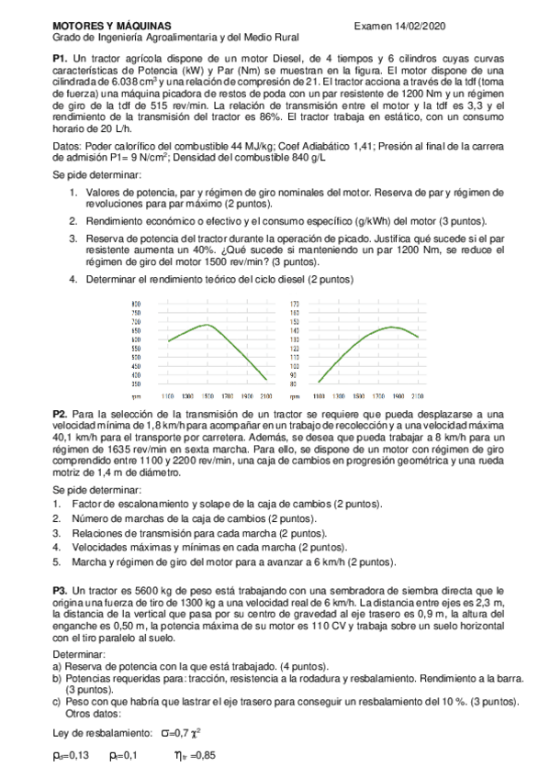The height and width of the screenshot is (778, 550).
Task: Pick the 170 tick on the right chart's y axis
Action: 295,304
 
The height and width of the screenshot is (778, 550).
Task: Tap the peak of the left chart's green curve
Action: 208,325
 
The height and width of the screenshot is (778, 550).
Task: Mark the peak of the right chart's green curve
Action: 392,327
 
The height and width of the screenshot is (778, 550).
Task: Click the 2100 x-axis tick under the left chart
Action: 265,395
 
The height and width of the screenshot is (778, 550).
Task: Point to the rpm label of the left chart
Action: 136,395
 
